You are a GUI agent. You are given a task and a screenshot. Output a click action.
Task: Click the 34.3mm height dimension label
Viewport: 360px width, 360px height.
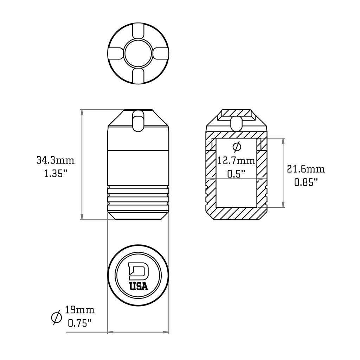click(56, 161)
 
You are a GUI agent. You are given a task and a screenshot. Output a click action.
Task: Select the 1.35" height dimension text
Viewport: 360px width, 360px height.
click(56, 174)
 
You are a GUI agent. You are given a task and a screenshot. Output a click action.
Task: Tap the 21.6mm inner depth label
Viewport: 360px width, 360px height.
click(306, 169)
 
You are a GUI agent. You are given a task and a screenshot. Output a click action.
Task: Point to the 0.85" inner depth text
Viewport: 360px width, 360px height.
click(306, 182)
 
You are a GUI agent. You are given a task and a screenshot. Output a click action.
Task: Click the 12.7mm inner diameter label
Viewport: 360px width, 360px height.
click(236, 161)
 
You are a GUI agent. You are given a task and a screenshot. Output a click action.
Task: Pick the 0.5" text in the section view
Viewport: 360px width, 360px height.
click(236, 174)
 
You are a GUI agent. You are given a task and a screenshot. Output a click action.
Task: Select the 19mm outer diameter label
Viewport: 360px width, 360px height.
click(80, 310)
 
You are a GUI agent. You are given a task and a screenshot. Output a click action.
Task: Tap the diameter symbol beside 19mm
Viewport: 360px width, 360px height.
click(56, 317)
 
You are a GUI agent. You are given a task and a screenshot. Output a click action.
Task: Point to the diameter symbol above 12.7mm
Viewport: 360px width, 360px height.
click(237, 146)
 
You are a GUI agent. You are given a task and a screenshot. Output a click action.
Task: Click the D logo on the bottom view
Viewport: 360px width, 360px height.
click(139, 272)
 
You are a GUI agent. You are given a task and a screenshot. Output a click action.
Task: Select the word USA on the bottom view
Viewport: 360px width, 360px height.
click(139, 287)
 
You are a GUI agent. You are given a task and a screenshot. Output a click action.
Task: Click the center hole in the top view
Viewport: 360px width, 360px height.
click(138, 53)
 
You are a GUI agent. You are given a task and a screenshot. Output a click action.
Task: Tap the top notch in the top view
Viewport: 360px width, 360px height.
click(138, 31)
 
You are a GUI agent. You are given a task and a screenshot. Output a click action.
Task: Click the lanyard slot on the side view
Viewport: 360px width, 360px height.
click(138, 121)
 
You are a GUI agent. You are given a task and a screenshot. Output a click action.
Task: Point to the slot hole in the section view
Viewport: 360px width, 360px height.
click(237, 123)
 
